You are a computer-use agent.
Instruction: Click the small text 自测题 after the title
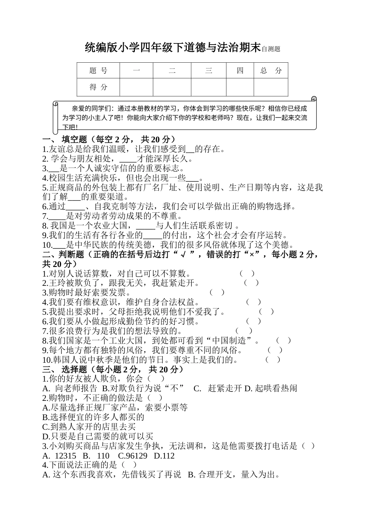coord(270,49)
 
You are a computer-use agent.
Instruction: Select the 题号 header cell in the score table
coord(98,70)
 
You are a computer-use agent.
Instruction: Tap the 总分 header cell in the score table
coord(271,70)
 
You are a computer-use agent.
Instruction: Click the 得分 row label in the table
coord(98,87)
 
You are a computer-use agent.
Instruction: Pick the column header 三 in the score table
coord(209,70)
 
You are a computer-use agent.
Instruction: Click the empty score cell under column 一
coord(136,87)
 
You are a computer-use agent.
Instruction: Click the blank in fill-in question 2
coord(128,159)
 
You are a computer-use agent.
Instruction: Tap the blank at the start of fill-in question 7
coord(58,216)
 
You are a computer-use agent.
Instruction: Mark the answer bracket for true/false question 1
coord(247,274)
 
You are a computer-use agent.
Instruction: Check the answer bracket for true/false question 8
coord(284,340)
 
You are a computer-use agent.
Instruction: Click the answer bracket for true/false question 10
coord(273,360)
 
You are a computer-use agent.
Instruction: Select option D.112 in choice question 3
coord(164,456)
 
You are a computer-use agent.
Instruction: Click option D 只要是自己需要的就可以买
coord(98,436)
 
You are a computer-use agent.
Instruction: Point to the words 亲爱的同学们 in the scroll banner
coord(92,109)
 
